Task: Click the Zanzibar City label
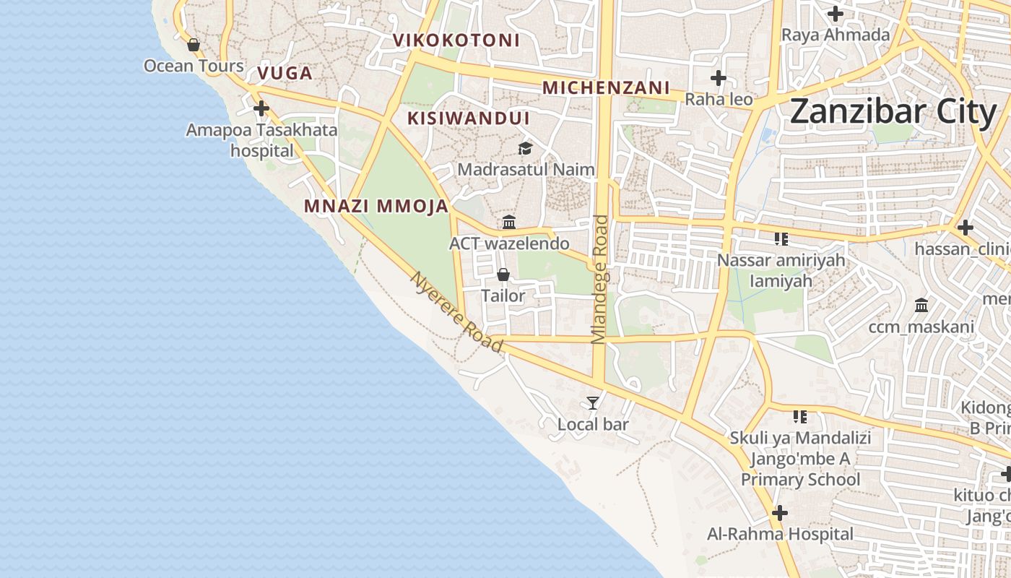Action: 893,113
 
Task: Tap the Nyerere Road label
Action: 456,312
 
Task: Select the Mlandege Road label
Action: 601,279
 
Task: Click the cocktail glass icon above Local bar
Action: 593,402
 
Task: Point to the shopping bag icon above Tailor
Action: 503,275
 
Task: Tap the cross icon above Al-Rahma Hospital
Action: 779,513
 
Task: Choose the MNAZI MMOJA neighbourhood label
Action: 376,206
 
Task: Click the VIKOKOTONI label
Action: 456,40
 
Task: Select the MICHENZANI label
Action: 607,88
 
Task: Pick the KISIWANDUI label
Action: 469,118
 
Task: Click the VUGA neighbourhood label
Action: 285,73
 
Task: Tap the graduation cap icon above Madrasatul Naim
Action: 525,148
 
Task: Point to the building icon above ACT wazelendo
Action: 509,222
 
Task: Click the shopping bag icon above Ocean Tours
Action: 194,45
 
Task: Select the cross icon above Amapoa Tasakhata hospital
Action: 261,108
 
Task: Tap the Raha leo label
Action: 719,99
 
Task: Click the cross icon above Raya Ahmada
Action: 836,14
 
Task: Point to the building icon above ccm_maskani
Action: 921,306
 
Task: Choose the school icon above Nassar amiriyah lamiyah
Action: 781,238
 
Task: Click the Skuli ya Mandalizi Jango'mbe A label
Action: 800,448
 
